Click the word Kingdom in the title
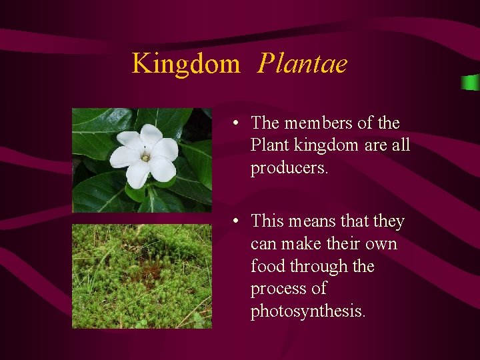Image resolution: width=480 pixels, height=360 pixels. (x=185, y=64)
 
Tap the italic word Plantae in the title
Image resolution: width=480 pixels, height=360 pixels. (x=303, y=64)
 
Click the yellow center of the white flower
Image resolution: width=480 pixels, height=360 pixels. (x=145, y=157)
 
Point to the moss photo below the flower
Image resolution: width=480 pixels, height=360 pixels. (x=141, y=276)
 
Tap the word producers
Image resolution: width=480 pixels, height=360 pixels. (x=289, y=169)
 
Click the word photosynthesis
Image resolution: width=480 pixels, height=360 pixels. (x=307, y=312)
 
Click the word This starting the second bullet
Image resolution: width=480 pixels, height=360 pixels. (x=268, y=221)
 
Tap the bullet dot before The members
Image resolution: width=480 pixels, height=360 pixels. (x=237, y=124)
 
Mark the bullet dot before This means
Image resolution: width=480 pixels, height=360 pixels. (x=237, y=221)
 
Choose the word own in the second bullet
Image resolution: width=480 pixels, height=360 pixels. (x=382, y=244)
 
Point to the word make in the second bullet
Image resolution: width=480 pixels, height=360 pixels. (x=301, y=244)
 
